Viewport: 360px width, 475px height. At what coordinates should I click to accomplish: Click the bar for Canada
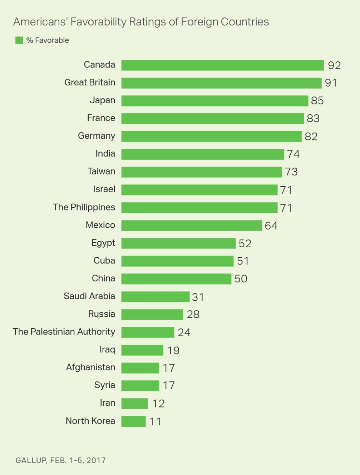pos(222,65)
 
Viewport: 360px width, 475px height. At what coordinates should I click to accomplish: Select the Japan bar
pos(214,101)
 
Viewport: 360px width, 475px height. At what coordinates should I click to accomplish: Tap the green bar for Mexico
pos(192,226)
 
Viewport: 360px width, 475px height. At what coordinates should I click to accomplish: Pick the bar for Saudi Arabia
pos(155,297)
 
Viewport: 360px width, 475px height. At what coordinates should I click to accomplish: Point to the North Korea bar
pos(133,421)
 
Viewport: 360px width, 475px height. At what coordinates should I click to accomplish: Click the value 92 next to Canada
pos(334,65)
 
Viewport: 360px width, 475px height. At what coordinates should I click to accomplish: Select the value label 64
pos(271,226)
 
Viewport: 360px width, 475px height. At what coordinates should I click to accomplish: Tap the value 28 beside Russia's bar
pos(193,315)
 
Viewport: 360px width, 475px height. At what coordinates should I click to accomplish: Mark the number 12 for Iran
pos(158,404)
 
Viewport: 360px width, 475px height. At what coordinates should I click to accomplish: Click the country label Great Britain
pos(90,83)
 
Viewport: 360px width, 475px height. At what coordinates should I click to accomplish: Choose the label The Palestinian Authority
pos(64,332)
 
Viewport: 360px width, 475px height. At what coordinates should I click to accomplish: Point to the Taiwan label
pos(102,172)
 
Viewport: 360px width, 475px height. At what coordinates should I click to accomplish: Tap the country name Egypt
pos(103,243)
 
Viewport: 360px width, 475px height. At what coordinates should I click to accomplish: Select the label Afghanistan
pos(90,367)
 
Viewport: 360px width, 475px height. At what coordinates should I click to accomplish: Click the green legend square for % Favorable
pos(19,40)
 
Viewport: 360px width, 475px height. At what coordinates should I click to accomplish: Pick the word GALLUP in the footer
pos(31,460)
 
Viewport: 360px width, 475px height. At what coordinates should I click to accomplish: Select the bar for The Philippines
pos(199,208)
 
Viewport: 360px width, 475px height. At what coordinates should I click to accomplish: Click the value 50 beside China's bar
pos(241,279)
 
